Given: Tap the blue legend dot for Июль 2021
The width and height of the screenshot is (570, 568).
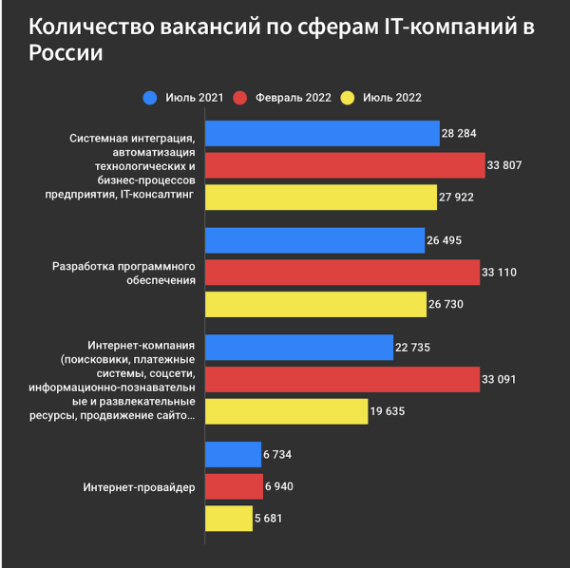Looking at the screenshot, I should pyautogui.click(x=150, y=97).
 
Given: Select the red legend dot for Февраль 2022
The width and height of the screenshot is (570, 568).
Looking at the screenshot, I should pyautogui.click(x=240, y=97).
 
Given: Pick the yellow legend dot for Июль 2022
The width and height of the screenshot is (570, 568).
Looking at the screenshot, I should pyautogui.click(x=348, y=97).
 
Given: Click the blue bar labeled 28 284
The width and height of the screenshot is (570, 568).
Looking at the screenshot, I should pyautogui.click(x=322, y=134).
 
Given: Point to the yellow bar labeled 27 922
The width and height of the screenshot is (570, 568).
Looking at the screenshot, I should pyautogui.click(x=321, y=197).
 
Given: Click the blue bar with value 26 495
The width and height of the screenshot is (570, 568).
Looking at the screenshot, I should pyautogui.click(x=314, y=240).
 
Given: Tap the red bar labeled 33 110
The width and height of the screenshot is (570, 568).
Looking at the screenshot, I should pyautogui.click(x=342, y=273).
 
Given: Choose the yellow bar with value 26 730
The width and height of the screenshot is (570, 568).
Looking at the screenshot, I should pyautogui.click(x=315, y=304).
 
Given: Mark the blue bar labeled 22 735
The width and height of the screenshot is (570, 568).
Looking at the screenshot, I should pyautogui.click(x=299, y=348).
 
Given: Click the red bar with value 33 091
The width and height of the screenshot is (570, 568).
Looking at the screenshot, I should pyautogui.click(x=342, y=379).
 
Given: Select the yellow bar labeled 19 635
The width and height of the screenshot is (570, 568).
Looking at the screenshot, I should pyautogui.click(x=286, y=411).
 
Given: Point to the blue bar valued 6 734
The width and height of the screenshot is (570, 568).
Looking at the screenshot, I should pyautogui.click(x=233, y=455).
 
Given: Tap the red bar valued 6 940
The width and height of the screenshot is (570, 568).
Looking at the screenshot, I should pyautogui.click(x=234, y=487).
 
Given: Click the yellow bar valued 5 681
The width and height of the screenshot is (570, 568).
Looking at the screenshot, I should pyautogui.click(x=229, y=519).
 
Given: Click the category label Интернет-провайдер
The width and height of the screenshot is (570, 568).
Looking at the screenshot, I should pyautogui.click(x=138, y=487).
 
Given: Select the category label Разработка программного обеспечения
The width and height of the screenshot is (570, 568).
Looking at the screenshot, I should pyautogui.click(x=123, y=273).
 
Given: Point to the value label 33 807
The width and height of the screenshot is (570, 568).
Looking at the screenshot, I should pyautogui.click(x=505, y=165).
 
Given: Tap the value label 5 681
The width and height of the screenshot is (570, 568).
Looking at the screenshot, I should pyautogui.click(x=268, y=519).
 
